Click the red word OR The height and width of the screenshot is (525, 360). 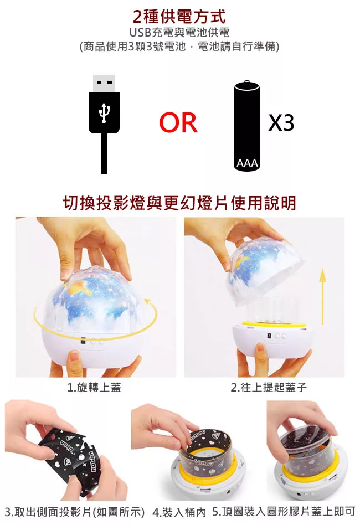click(x=178, y=122)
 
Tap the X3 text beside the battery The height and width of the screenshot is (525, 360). click(x=281, y=122)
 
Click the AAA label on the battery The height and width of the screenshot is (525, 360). click(x=247, y=163)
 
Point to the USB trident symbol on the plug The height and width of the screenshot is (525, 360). click(x=104, y=113)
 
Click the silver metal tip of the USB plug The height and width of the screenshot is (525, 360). click(x=104, y=84)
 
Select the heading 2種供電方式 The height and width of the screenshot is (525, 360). click(x=179, y=17)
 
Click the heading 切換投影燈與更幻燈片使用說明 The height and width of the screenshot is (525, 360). click(x=179, y=203)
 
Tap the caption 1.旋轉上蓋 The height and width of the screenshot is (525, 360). click(x=94, y=388)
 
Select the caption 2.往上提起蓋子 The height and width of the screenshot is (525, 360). click(x=269, y=388)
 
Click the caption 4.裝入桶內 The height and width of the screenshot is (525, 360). click(x=179, y=512)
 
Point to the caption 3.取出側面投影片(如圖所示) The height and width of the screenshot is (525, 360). click(x=75, y=512)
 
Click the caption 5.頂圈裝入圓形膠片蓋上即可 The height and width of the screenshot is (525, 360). click(x=284, y=512)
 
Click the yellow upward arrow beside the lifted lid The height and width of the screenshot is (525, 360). click(x=322, y=296)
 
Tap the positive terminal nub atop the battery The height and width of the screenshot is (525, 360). click(x=247, y=82)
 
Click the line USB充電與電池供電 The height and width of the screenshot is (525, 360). click(x=179, y=33)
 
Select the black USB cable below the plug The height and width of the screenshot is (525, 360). click(x=104, y=154)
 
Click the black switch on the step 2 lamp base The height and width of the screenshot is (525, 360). click(x=269, y=335)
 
